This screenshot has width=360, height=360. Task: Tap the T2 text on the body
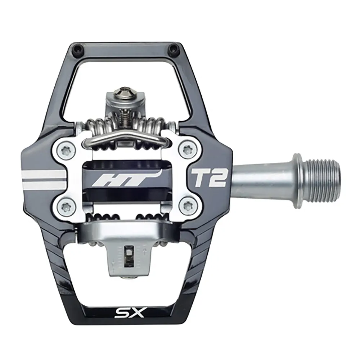[x=209, y=177]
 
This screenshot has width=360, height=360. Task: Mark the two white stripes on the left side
[x=43, y=179]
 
